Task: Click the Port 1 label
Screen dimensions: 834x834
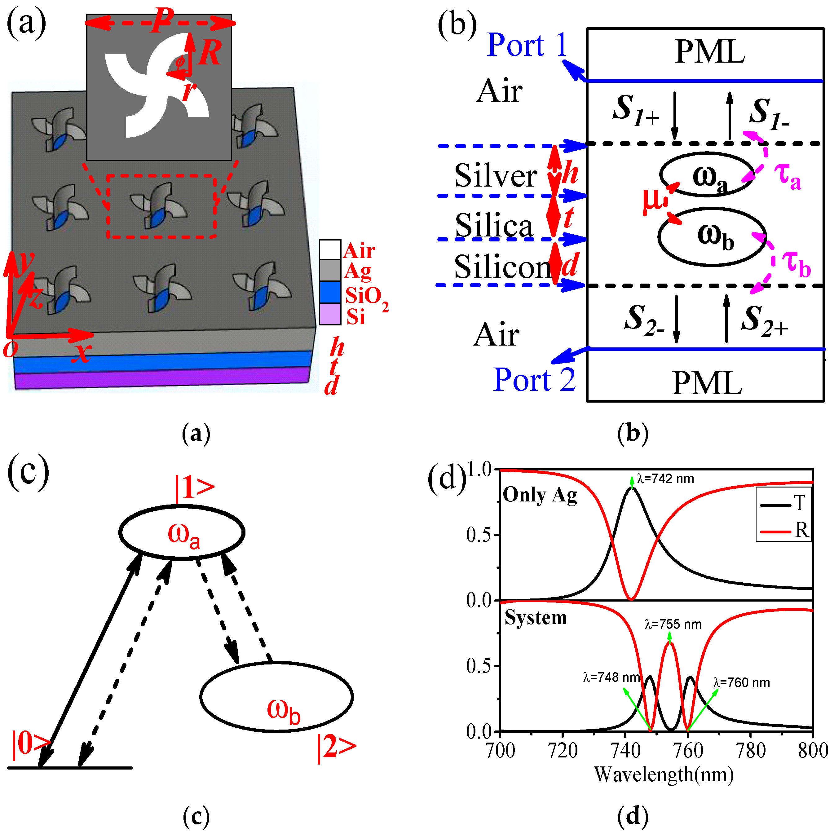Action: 527,45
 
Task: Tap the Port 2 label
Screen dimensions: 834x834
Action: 534,380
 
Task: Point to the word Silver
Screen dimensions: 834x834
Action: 496,176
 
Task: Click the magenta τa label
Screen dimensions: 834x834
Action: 788,177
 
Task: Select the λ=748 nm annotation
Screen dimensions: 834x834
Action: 611,677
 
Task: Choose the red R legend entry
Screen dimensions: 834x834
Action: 801,530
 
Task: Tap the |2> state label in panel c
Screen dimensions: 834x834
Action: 337,748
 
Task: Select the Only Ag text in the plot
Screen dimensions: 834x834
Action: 540,495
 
